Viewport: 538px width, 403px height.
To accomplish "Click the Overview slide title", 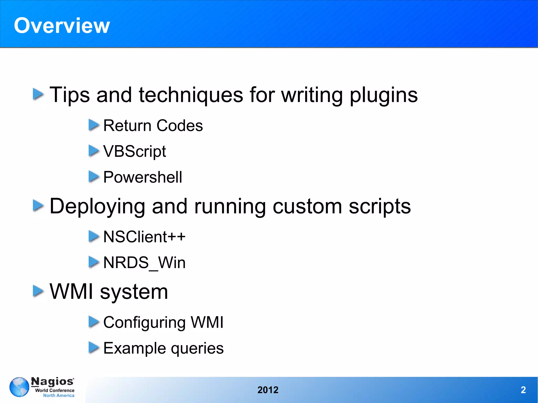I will pyautogui.click(x=62, y=25).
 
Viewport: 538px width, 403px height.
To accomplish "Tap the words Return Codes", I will pyautogui.click(x=153, y=125).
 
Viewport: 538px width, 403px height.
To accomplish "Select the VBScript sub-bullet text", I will pyautogui.click(x=134, y=151).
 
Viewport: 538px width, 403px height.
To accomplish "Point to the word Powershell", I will pyautogui.click(x=142, y=177).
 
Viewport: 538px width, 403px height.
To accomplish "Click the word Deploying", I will pyautogui.click(x=97, y=206).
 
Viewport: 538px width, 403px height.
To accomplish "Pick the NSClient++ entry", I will pyautogui.click(x=144, y=237).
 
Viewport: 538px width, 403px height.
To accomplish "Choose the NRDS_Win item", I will pyautogui.click(x=144, y=263).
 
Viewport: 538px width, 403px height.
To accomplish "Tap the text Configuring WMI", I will pyautogui.click(x=163, y=322).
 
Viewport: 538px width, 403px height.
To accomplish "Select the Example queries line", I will pyautogui.click(x=163, y=348).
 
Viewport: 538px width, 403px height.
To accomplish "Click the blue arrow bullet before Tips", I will pyautogui.click(x=38, y=94).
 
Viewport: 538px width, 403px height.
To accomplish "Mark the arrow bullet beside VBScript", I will pyautogui.click(x=94, y=151).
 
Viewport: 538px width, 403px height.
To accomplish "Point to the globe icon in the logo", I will pyautogui.click(x=19, y=387).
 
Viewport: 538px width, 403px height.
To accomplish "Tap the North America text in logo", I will pyautogui.click(x=59, y=395).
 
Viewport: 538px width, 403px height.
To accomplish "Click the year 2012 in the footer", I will pyautogui.click(x=268, y=390).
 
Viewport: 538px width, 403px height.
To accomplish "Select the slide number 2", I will pyautogui.click(x=523, y=390).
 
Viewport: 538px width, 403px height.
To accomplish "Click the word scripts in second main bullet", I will pyautogui.click(x=380, y=206).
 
